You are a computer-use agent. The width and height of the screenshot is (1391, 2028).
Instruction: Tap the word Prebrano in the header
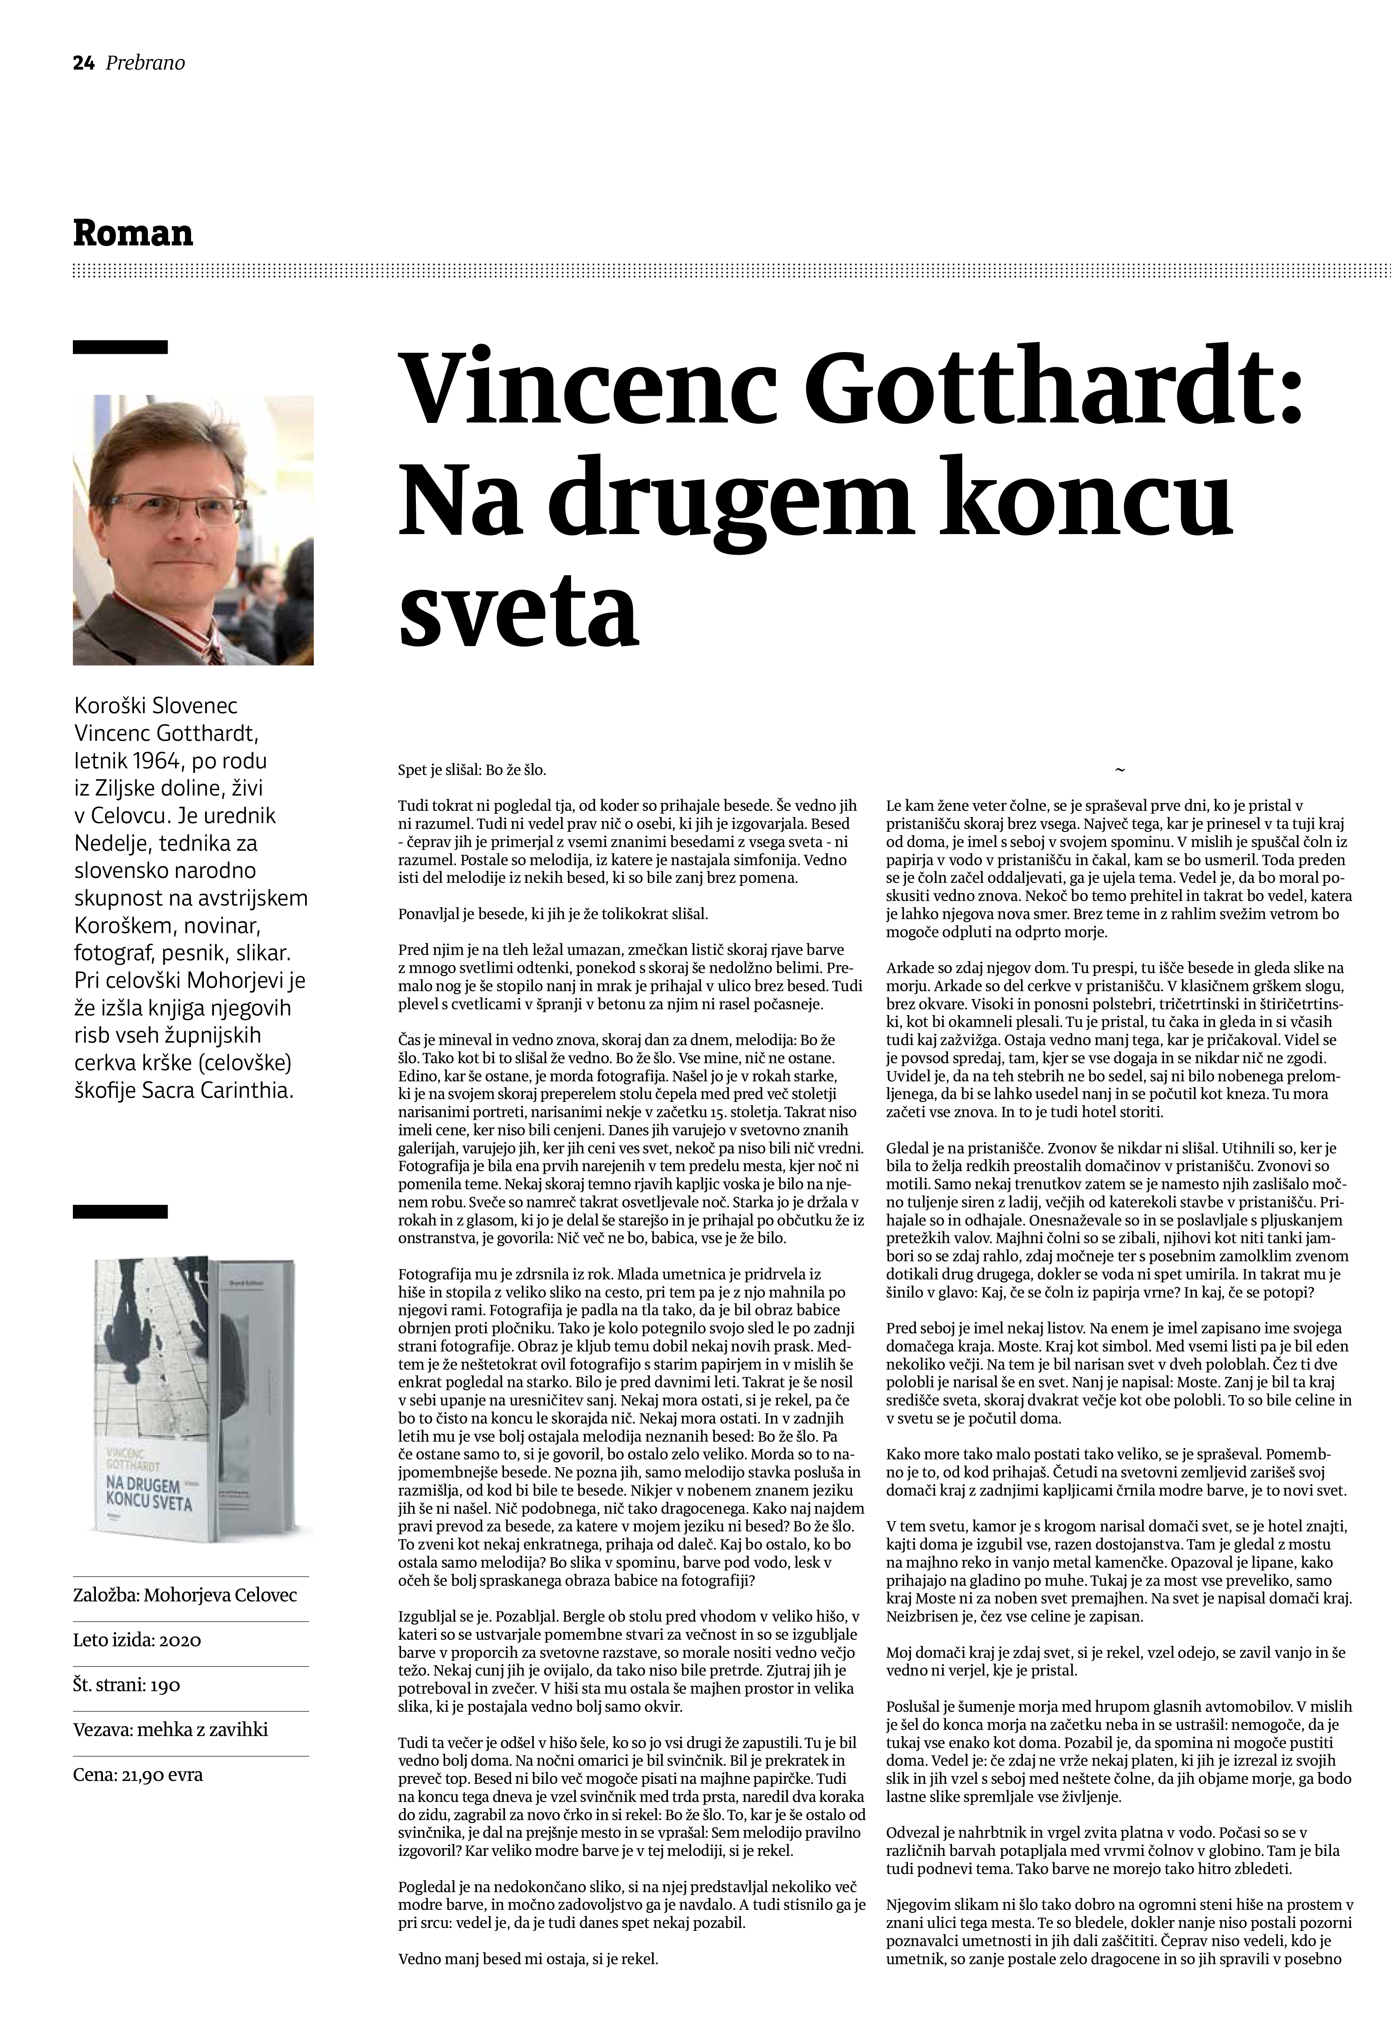point(145,63)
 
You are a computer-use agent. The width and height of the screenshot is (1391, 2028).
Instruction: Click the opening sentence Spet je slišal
point(471,770)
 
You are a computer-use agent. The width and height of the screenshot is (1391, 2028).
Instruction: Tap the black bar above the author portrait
point(119,346)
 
